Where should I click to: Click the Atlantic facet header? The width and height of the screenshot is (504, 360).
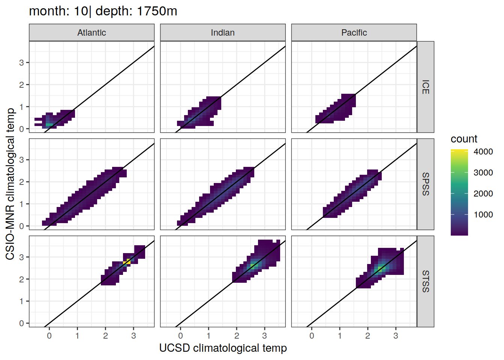(91, 33)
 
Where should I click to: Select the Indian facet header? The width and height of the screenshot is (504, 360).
(223, 33)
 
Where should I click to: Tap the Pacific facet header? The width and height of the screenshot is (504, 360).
(354, 33)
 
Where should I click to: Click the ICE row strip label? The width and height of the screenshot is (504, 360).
(426, 87)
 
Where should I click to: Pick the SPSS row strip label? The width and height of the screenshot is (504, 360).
(426, 184)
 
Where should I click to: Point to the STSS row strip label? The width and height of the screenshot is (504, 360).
(426, 281)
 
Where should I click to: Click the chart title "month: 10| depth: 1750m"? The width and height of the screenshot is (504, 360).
(103, 11)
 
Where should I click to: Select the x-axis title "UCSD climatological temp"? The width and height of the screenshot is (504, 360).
(223, 348)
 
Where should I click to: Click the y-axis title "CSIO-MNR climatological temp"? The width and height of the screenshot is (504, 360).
(10, 184)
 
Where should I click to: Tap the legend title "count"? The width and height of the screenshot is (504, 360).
(464, 139)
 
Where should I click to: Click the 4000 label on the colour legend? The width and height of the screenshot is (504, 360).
(483, 151)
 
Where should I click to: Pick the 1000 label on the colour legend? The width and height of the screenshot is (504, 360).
(483, 214)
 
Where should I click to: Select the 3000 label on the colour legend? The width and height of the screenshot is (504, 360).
(483, 172)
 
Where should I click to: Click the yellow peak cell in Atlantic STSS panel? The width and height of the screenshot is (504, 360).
(127, 262)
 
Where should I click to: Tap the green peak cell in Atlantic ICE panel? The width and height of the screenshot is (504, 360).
(49, 124)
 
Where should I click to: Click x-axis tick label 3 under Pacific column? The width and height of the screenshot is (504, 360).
(396, 336)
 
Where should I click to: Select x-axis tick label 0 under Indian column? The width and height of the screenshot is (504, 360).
(180, 336)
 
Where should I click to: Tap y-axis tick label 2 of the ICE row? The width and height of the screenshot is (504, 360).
(21, 85)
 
